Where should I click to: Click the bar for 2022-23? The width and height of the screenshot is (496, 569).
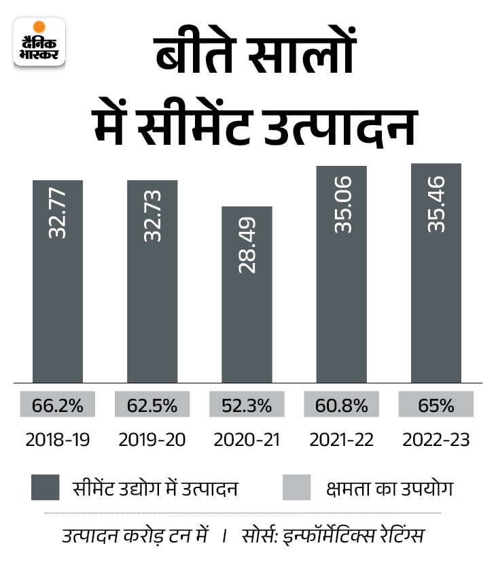pos(436,272)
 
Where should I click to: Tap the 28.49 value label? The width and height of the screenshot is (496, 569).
pos(247,245)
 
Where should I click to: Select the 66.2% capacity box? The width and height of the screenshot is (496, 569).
pos(58,406)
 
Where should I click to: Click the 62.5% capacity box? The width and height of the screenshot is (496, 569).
pos(152,406)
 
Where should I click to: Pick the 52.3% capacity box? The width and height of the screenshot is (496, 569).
pos(247,406)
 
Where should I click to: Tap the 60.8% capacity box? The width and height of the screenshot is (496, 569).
pos(342,406)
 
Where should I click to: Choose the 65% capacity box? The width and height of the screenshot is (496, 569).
pos(436,406)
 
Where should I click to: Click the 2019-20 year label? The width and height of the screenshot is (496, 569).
pos(152,441)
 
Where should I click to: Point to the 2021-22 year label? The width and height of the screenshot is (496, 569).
pos(342,441)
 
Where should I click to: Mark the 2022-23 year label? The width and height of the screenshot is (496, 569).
pos(436,441)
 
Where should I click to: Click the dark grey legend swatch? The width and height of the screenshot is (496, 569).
pos(46,488)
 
